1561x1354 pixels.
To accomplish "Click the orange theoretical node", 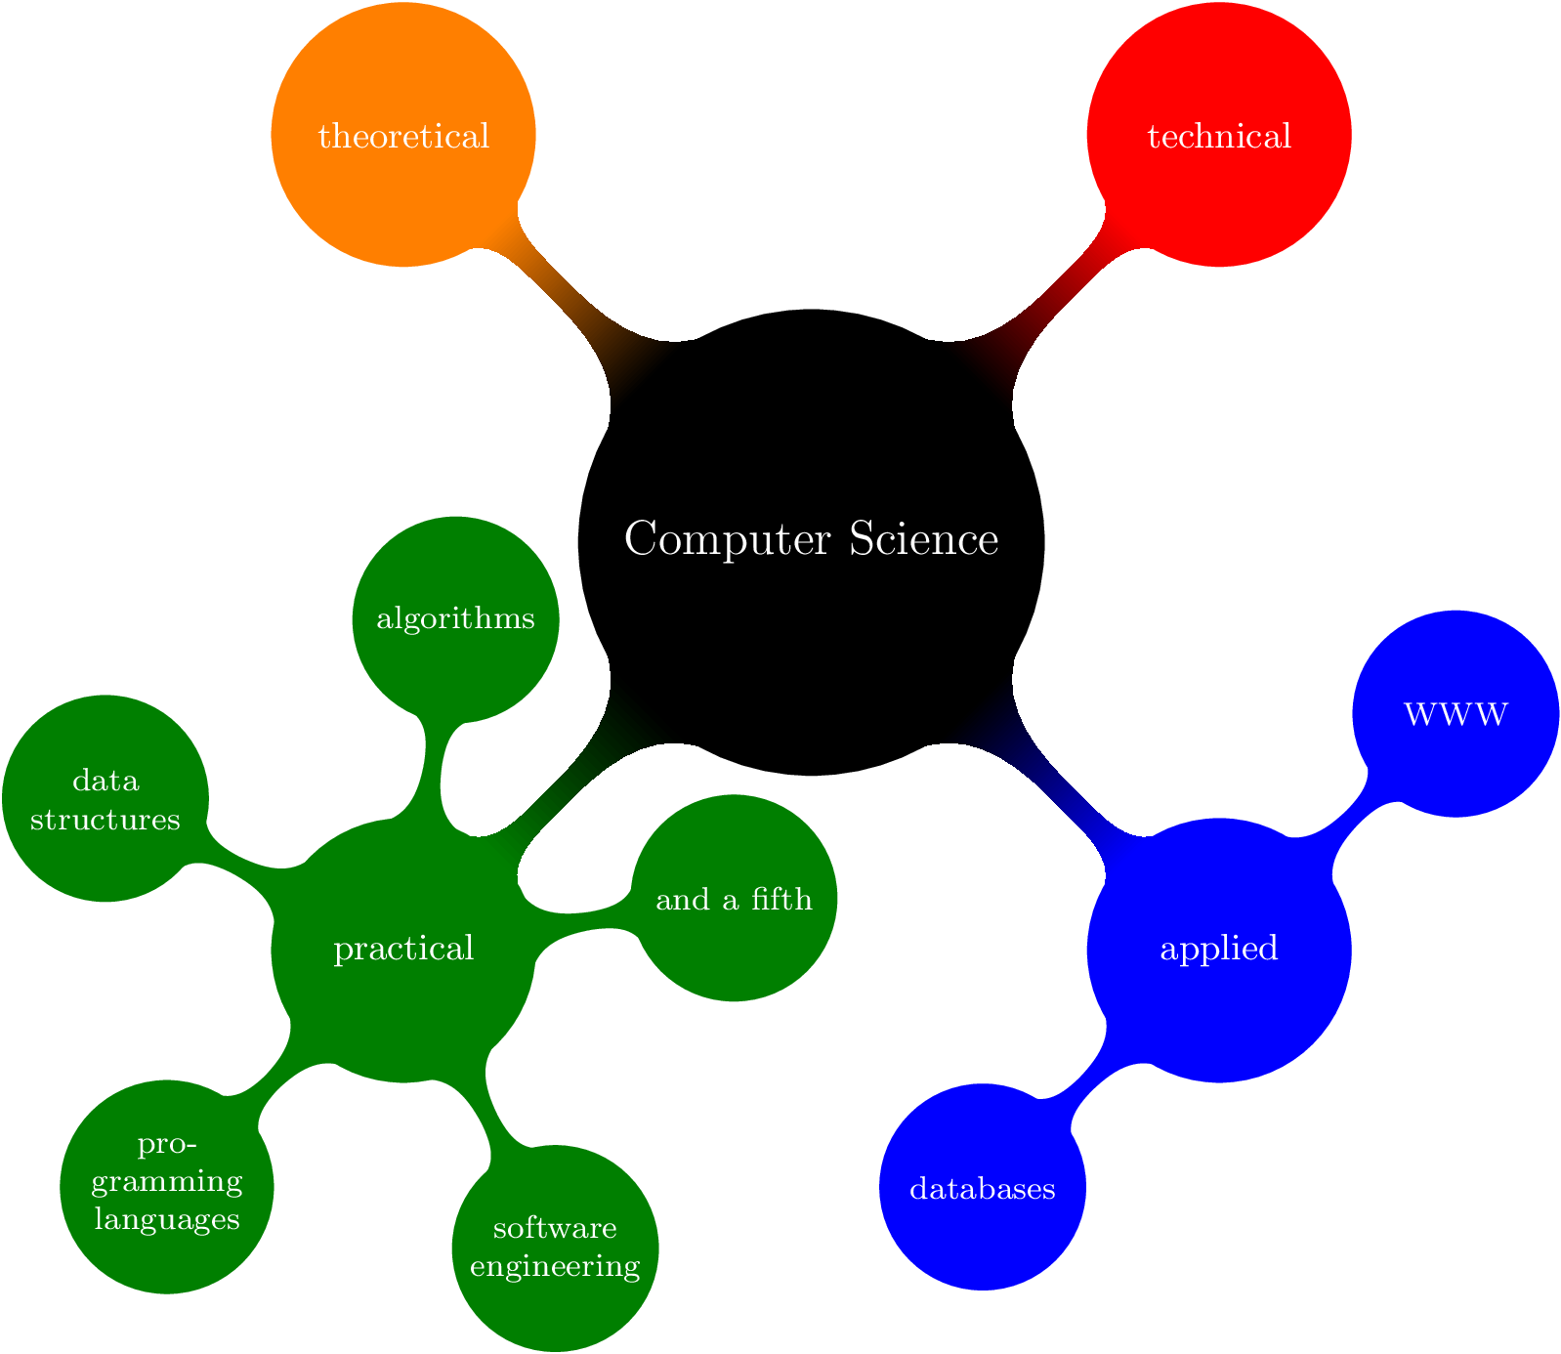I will point(403,135).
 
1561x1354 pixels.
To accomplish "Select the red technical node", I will point(1218,135).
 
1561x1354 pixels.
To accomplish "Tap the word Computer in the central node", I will point(728,539).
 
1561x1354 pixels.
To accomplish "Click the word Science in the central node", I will point(924,539).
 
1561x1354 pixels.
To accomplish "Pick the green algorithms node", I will point(455,618).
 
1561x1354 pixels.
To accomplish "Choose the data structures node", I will point(105,798).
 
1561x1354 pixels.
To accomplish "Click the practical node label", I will point(403,949).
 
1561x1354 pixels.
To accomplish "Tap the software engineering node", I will point(555,1247).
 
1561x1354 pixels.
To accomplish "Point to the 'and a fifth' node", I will point(734,899).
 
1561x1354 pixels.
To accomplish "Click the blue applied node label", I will point(1218,949).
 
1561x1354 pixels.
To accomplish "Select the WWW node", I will point(1456,714).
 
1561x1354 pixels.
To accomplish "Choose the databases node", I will point(982,1189).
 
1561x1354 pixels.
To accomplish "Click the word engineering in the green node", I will point(555,1266).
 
